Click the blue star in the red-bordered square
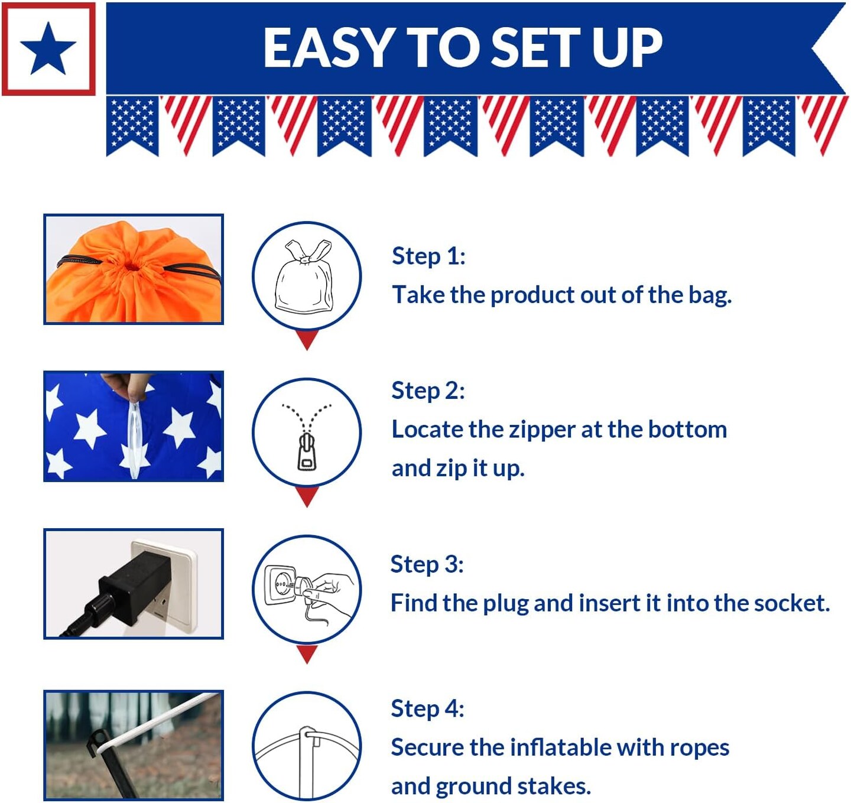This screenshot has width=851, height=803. [x=48, y=49]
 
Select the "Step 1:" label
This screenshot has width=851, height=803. [x=428, y=256]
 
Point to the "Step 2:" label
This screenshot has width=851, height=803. [x=428, y=391]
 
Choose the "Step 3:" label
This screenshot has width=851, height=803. [x=427, y=564]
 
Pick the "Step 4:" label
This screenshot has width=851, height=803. [x=427, y=708]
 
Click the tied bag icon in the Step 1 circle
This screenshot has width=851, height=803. [x=304, y=277]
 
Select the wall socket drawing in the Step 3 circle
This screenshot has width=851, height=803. [x=281, y=585]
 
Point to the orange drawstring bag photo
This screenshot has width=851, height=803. [x=133, y=269]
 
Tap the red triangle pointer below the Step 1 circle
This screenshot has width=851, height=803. [x=307, y=339]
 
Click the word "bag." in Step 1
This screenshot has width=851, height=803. [x=710, y=295]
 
